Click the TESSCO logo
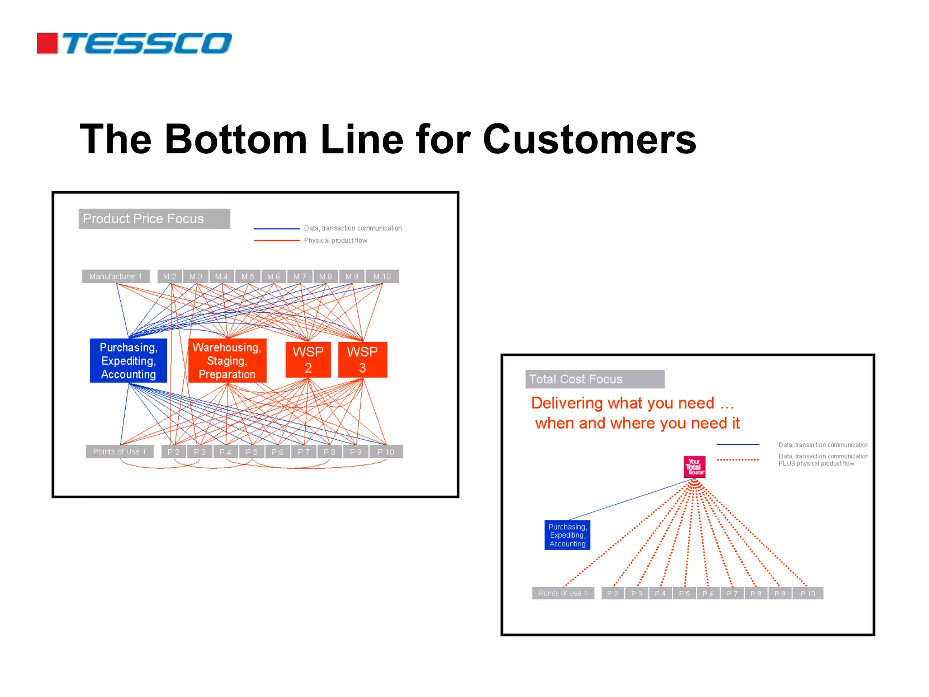point(135,44)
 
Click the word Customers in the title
point(589,139)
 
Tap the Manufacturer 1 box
point(116,276)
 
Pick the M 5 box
point(248,276)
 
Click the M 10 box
point(382,276)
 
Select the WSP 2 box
point(308,359)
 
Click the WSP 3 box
point(362,359)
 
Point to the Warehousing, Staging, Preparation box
point(227,361)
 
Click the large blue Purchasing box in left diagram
point(128,361)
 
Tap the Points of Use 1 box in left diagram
point(119,452)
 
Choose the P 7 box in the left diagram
point(303,452)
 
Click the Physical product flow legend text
point(335,241)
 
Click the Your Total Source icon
point(694,467)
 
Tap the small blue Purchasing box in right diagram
point(567,535)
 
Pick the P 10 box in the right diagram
point(807,594)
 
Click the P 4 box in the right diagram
point(660,594)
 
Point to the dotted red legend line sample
point(738,460)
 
